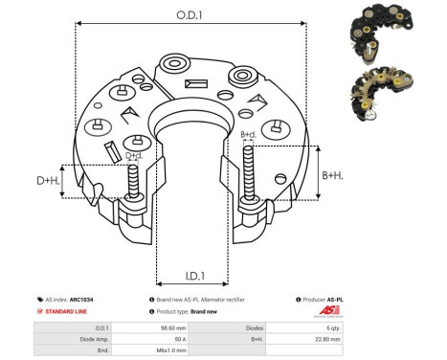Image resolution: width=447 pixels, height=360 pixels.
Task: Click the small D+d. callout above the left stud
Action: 134,155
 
